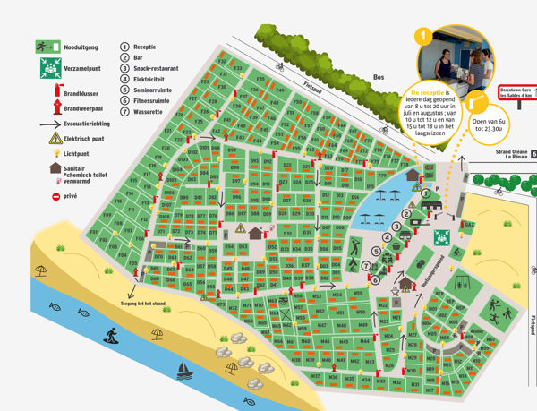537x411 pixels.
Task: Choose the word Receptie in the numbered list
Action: coord(146,45)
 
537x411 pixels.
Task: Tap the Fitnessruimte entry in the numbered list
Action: coord(153,98)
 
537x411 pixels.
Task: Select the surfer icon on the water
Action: coord(112,335)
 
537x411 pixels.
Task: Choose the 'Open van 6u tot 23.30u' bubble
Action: coord(494,123)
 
